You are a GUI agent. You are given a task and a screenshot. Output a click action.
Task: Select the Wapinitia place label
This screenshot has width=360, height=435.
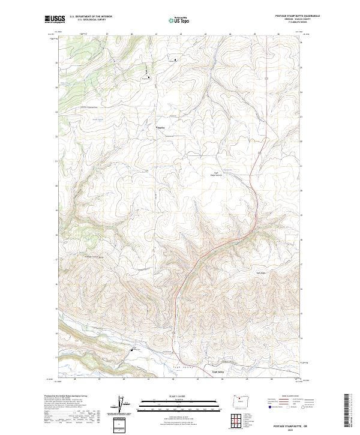pos(161,127)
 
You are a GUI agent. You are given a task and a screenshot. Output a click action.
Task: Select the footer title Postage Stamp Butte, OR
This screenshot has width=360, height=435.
pos(298,427)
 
